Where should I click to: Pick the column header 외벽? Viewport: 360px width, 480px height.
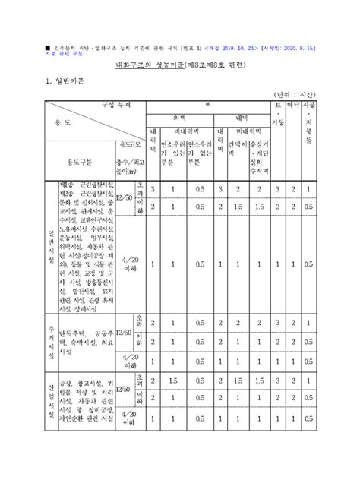coord(180,118)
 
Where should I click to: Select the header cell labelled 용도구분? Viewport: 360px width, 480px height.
coord(78,162)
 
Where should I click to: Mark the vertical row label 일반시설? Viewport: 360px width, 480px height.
coord(52,244)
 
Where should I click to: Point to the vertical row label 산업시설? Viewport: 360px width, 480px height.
coord(52,402)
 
